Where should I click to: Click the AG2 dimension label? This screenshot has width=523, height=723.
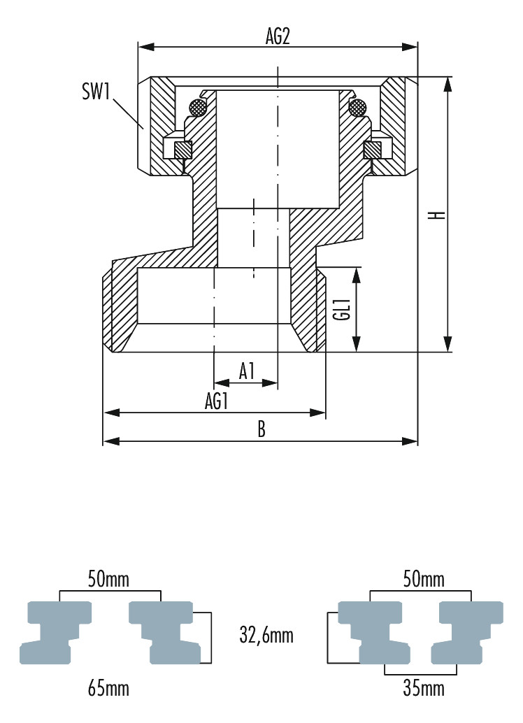(278, 36)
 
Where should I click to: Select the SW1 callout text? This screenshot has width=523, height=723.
(96, 92)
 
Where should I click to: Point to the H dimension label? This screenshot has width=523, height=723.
(437, 215)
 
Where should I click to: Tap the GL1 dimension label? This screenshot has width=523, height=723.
(344, 310)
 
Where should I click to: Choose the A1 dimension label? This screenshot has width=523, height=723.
(248, 371)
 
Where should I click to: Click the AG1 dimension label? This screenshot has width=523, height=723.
(217, 401)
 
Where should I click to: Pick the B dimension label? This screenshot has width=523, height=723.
(261, 429)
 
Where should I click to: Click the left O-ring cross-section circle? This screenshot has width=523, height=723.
(198, 108)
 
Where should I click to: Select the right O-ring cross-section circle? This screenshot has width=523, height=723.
(358, 108)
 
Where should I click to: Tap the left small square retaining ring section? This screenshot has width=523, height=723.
(182, 149)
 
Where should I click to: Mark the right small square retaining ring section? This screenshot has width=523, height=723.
(373, 149)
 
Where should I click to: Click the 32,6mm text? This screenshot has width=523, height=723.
(266, 635)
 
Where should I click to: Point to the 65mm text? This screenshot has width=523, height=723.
(108, 689)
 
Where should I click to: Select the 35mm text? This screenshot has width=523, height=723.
(424, 689)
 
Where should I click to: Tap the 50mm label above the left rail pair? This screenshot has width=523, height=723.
(109, 579)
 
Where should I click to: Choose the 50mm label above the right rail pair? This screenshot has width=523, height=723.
(424, 579)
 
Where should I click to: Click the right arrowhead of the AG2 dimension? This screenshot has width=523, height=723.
(410, 47)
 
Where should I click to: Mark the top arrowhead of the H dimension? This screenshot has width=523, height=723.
(447, 85)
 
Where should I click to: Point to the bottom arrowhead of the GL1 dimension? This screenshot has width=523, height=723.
(356, 343)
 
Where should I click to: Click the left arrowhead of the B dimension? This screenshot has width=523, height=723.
(110, 441)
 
